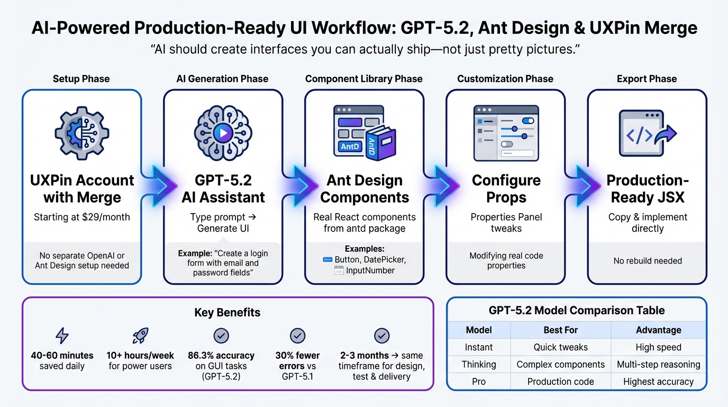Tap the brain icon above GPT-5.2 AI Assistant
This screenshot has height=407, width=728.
pos(223,132)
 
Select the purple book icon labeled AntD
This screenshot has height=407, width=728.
pos(380,139)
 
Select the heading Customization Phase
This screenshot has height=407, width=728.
pos(505,79)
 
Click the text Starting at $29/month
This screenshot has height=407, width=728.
pos(81,217)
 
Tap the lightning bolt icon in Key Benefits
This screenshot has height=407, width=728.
pos(62,335)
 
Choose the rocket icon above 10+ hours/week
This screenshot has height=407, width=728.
pos(140,335)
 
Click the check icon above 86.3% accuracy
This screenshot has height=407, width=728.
pos(221,335)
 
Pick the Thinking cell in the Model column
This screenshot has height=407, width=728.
pos(479,364)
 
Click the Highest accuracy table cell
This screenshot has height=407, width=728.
pos(658,382)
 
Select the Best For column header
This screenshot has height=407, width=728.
pos(560,330)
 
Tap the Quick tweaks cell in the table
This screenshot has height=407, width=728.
pos(560,347)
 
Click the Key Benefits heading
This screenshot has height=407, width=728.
pos(228,313)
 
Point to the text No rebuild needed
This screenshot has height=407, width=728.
pos(647,261)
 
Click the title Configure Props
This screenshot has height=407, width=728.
pos(506,189)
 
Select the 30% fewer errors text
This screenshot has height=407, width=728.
pos(298,360)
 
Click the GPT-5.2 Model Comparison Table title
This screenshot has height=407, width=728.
pos(577,311)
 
